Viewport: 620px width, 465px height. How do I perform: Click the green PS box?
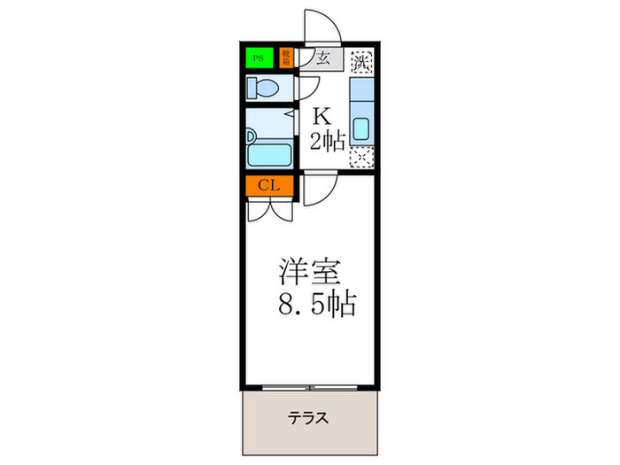[x=259, y=59]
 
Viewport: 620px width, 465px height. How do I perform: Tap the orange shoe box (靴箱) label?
[x=286, y=59]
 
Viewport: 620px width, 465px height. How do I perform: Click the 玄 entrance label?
[x=323, y=60]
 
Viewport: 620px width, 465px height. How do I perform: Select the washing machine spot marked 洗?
[x=360, y=62]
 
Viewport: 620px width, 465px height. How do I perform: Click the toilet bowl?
[x=263, y=87]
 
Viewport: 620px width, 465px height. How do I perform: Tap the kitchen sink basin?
[x=361, y=130]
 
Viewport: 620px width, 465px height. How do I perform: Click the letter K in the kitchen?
[x=321, y=115]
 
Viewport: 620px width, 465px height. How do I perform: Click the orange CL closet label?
[x=269, y=186]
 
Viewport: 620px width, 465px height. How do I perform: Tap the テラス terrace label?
[x=307, y=418]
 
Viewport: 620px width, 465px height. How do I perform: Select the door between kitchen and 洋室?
[x=319, y=190]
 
